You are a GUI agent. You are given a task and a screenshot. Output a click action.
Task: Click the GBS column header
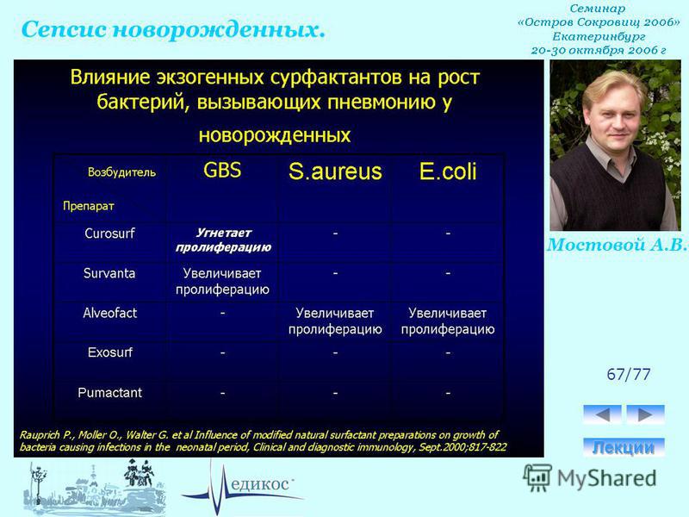222,170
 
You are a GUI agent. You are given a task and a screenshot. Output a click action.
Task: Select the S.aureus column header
335,171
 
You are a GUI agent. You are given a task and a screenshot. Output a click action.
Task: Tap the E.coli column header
448,171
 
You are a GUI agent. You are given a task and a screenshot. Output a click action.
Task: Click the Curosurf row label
110,233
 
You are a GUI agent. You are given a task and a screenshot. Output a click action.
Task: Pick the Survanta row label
109,273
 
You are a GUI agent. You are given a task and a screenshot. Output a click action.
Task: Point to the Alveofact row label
110,313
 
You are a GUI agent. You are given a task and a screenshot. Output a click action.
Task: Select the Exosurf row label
110,352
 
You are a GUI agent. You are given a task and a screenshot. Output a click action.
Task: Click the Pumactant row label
110,393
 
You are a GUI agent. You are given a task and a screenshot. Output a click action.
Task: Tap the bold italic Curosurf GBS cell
223,240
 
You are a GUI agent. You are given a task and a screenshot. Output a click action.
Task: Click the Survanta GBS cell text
222,282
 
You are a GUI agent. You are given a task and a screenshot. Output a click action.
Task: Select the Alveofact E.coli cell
448,321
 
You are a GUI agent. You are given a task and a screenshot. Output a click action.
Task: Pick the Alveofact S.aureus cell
335,321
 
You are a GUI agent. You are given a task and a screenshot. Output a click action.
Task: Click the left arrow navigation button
602,414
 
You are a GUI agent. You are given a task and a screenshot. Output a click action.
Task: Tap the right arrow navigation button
645,414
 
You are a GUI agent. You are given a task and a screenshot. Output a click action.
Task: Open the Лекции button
624,447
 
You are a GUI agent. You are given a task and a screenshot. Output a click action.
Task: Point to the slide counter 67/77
629,374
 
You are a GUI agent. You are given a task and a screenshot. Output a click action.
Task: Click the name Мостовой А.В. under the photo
617,245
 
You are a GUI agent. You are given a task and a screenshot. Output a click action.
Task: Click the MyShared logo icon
537,477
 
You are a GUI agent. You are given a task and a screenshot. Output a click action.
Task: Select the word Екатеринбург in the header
599,36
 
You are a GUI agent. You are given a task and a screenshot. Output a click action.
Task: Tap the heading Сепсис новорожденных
174,30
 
